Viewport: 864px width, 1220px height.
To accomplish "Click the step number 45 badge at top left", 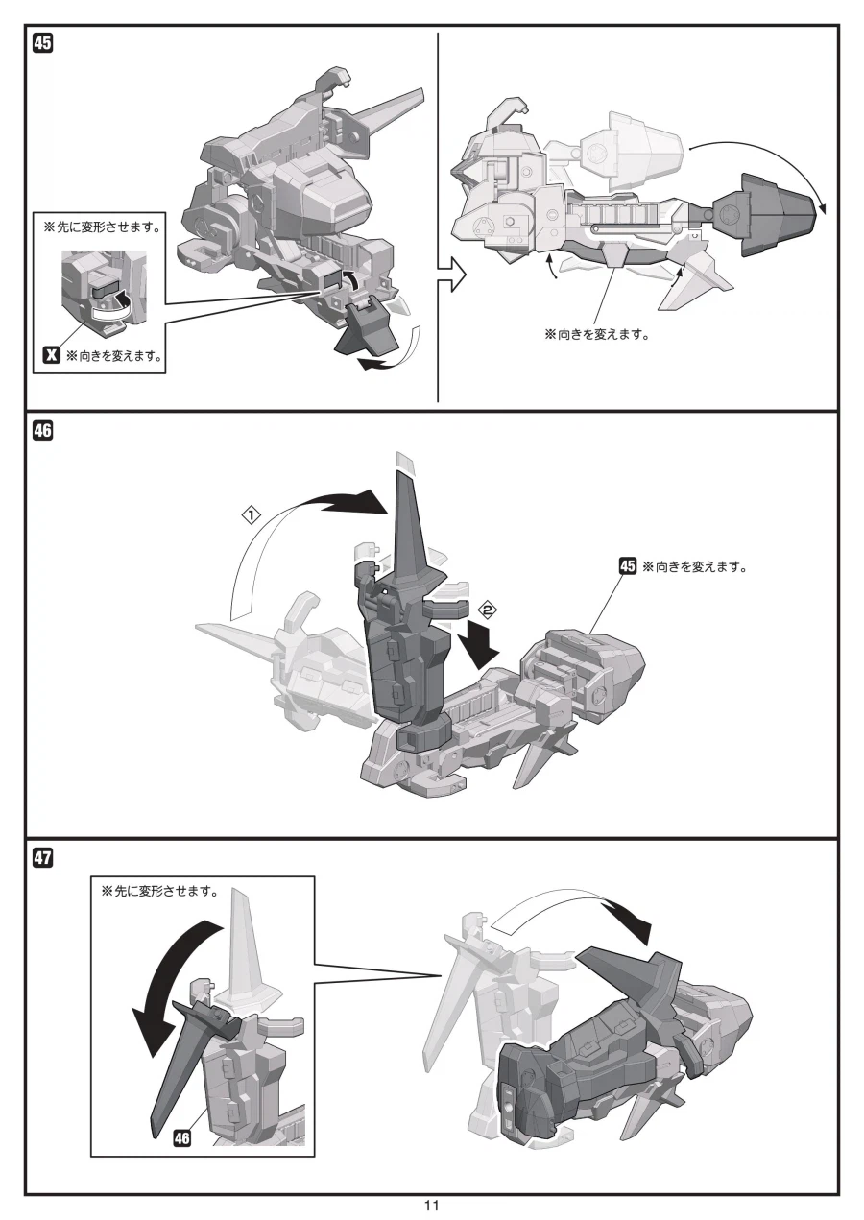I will click(x=43, y=42).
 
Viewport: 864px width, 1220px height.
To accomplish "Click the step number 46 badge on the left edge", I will click(x=43, y=431).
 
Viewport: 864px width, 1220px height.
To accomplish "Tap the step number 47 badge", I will click(x=43, y=857).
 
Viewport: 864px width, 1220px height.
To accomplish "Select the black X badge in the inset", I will click(x=54, y=357).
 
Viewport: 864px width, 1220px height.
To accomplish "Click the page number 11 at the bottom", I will click(x=431, y=1206).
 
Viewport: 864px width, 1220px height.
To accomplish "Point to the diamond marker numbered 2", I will click(x=488, y=609).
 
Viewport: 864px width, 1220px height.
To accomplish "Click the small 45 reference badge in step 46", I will click(x=627, y=566).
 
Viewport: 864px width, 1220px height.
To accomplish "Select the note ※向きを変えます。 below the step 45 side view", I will click(x=596, y=335).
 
